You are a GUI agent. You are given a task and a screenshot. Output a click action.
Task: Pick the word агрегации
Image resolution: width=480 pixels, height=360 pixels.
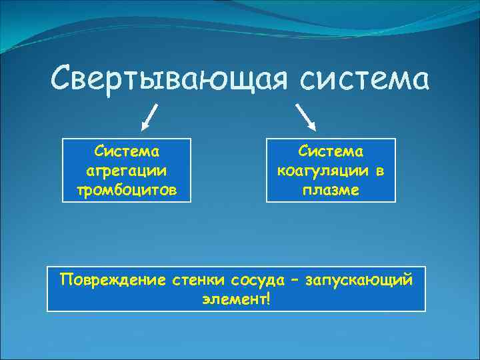point(127,171)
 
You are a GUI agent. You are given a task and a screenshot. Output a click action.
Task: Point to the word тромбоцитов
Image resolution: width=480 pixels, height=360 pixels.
point(127,191)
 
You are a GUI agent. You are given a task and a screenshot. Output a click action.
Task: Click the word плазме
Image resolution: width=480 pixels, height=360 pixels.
point(331,191)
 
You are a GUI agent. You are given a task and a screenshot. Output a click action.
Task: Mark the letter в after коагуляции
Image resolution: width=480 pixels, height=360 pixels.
point(379,171)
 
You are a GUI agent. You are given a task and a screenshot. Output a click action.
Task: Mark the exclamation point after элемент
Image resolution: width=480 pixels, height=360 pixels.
point(267,298)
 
